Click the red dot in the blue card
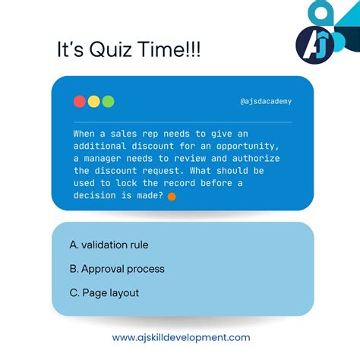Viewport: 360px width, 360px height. [80, 101]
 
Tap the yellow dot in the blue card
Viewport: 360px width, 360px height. [93, 101]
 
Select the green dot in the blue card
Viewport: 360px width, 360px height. [108, 101]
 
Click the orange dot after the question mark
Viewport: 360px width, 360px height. [171, 196]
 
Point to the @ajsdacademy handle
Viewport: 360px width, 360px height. [265, 101]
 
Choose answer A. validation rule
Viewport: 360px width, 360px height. [109, 245]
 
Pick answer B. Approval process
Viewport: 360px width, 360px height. [116, 268]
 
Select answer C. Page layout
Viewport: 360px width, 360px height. [104, 292]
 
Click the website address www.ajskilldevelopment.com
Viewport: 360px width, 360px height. [181, 337]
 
